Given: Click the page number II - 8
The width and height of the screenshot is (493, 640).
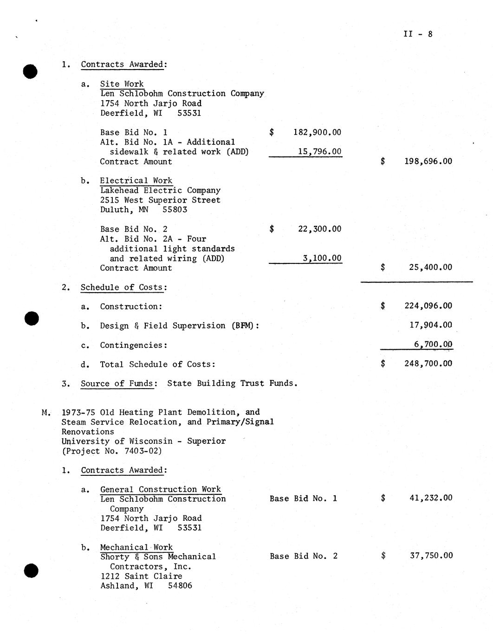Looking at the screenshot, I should [x=418, y=34].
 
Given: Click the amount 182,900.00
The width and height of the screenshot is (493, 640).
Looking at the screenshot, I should [x=317, y=133].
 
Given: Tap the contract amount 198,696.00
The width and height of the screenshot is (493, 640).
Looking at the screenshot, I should [x=428, y=161].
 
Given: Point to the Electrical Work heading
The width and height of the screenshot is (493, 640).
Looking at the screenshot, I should [x=136, y=181].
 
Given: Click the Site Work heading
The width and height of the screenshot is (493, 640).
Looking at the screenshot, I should [x=122, y=84].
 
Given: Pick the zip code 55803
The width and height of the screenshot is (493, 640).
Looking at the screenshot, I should [x=175, y=210].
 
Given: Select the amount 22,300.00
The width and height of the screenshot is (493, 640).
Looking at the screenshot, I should [x=319, y=229].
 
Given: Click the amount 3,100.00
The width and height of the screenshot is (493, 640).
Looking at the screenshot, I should [x=322, y=258].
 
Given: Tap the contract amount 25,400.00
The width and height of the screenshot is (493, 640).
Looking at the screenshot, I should [x=430, y=267].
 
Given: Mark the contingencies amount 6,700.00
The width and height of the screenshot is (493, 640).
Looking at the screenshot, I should [x=433, y=345].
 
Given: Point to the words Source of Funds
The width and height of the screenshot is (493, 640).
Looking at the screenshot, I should [x=117, y=384].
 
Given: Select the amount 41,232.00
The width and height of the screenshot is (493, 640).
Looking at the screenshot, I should [x=431, y=498].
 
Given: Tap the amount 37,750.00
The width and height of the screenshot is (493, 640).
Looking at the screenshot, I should [x=431, y=556].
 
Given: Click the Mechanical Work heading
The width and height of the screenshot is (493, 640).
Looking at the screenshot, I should [x=136, y=547].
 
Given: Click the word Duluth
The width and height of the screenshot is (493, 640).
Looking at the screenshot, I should [x=115, y=210].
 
